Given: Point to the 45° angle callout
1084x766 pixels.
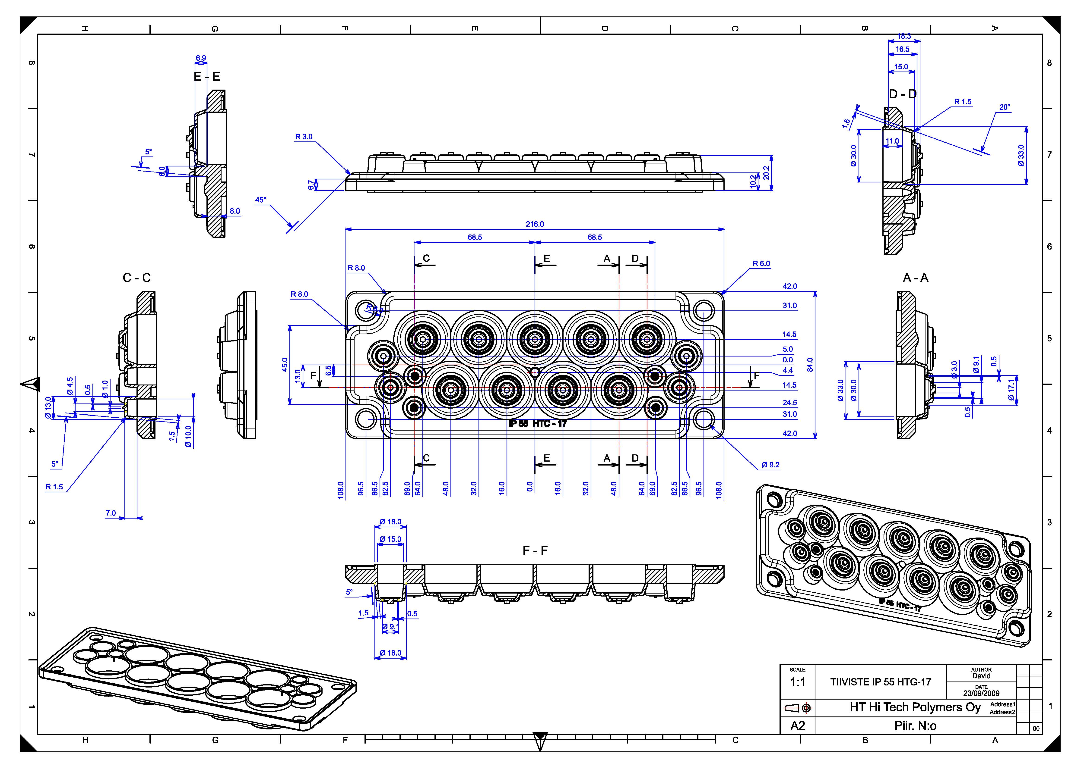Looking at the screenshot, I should (x=261, y=200).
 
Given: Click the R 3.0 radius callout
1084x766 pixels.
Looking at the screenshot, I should (x=304, y=137).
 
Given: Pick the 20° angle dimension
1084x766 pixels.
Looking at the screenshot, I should (x=1005, y=108).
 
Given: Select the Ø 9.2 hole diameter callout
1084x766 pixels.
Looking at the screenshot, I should (x=770, y=465).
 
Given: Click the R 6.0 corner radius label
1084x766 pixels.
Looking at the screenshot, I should (x=761, y=264).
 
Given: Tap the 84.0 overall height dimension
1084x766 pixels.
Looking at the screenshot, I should (x=810, y=365).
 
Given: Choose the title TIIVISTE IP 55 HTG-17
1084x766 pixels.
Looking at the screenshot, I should (x=881, y=682).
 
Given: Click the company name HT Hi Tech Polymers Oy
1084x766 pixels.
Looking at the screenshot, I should (x=915, y=707).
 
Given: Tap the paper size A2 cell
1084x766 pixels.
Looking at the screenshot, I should (x=797, y=725).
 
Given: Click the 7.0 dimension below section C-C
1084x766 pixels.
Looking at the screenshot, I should (x=111, y=513).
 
